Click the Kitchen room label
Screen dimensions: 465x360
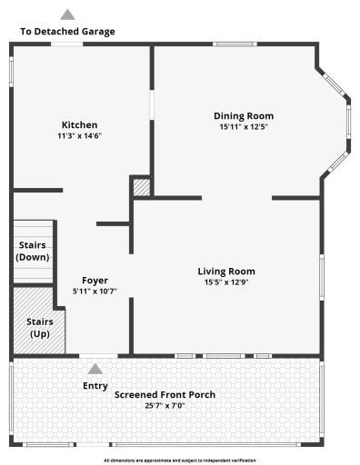coord(79,125)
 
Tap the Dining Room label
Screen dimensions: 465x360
coord(243,116)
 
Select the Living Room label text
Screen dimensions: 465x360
coord(226,271)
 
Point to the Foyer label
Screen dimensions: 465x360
coord(95,281)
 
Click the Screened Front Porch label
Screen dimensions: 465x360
coord(164,394)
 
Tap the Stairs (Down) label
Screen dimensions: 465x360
coord(33,251)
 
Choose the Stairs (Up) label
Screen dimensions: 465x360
coord(39,327)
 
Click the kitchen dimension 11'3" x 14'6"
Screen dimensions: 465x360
coord(79,136)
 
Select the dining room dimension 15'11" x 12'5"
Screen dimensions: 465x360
coord(243,127)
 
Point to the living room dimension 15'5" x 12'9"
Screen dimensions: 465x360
coord(226,282)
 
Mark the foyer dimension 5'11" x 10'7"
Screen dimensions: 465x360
coord(95,292)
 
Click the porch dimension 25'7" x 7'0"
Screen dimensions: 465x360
coord(164,405)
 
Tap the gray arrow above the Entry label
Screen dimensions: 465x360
coord(95,369)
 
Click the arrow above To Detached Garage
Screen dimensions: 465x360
coord(67,15)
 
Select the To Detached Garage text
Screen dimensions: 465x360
coord(67,32)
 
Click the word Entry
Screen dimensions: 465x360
coord(95,386)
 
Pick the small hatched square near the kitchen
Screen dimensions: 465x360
coord(142,188)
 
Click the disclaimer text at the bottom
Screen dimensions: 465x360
coord(180,460)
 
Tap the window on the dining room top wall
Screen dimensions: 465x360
coord(234,44)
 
